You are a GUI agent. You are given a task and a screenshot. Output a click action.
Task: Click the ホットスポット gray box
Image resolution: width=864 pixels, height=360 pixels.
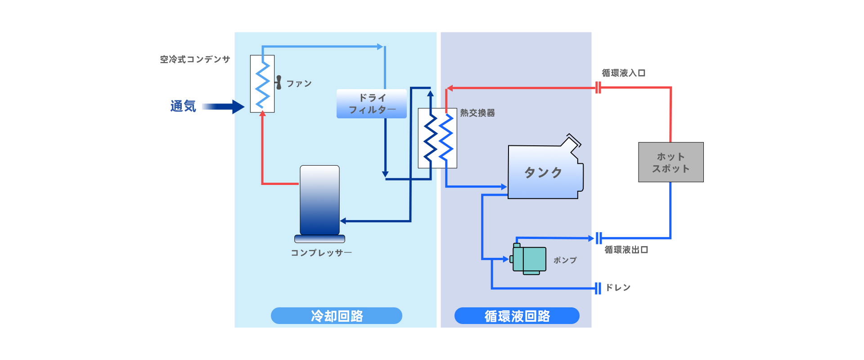coord(670,162)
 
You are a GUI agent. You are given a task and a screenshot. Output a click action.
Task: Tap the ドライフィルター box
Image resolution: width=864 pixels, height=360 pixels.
coord(371,103)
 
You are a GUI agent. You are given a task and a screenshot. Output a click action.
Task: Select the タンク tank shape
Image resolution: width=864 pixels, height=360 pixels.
coord(544,172)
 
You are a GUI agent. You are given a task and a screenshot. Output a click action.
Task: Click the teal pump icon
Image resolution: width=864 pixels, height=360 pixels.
coord(530,259)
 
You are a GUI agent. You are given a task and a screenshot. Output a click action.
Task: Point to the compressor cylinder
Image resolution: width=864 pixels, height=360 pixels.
coord(319,200)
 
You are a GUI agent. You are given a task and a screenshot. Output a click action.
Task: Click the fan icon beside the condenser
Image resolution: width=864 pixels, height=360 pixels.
coord(279,82)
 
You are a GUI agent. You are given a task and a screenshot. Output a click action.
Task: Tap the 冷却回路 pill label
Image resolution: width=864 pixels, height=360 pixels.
coord(336,315)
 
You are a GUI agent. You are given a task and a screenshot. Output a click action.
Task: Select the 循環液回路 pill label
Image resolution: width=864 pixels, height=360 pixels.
coord(517,315)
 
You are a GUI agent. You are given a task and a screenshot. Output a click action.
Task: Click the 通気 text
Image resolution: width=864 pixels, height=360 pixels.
coord(183,106)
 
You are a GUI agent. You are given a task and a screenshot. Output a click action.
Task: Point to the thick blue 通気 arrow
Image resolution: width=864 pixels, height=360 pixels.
coord(223,107)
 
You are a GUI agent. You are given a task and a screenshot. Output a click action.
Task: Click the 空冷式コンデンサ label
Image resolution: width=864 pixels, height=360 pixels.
coord(195,59)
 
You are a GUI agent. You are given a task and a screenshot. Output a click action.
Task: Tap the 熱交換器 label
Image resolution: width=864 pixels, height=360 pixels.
coord(477,113)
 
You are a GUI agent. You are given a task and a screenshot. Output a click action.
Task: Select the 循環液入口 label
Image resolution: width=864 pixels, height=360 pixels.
coord(623,73)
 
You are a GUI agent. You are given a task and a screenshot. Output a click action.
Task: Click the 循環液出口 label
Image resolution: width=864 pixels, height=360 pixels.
coord(626,250)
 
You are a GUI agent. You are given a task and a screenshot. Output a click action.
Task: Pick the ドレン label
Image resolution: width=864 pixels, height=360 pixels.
coord(618,288)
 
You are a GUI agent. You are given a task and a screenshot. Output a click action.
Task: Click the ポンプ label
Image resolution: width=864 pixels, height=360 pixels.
coord(565,260)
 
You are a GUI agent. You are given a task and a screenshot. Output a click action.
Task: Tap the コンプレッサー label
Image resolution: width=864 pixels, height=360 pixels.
coord(321,253)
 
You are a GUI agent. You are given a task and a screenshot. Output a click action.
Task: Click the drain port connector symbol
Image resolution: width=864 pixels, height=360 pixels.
coord(598,288)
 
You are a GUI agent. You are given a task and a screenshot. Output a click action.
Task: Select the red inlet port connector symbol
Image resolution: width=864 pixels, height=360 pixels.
coord(598,88)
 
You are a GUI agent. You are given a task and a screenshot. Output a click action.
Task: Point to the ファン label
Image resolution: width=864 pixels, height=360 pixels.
coord(299,84)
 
